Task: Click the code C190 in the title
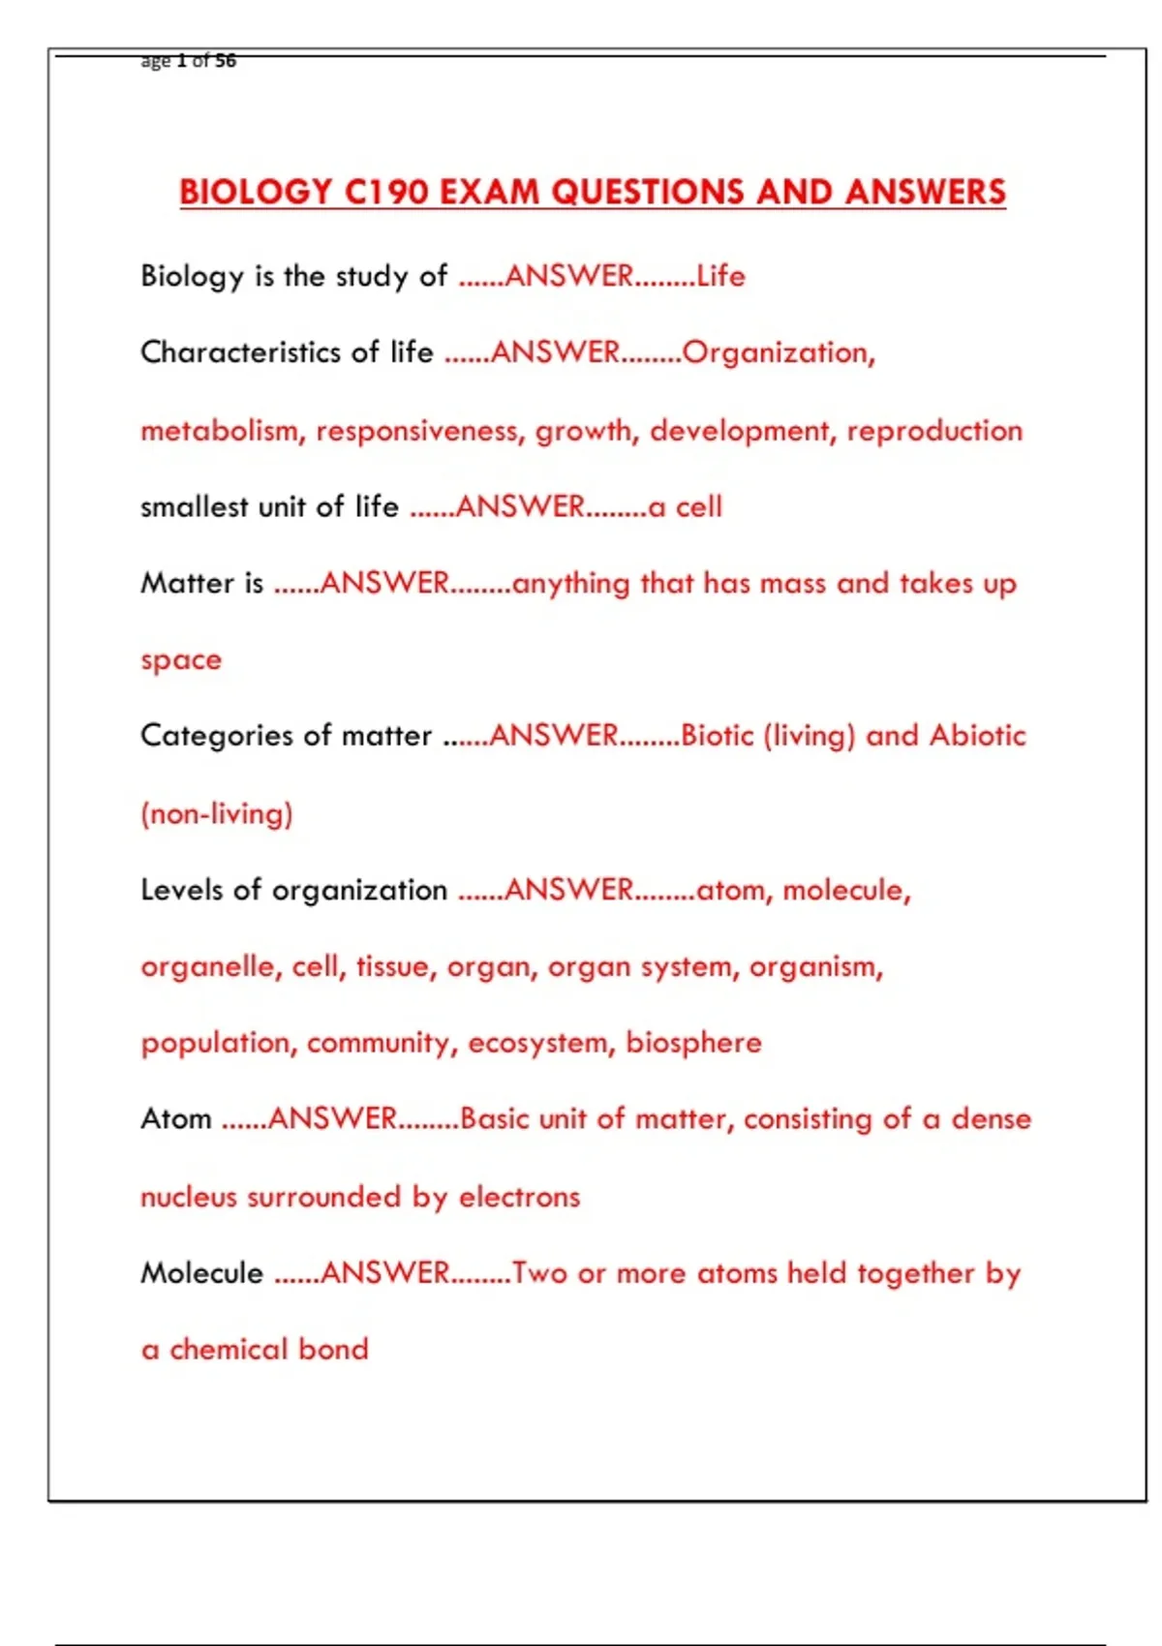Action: tap(386, 192)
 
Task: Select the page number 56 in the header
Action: tap(226, 61)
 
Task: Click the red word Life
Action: tap(720, 276)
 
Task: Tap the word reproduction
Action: tap(934, 430)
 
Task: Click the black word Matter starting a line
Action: tap(188, 583)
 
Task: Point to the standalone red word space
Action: tap(181, 661)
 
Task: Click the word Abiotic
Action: tap(977, 736)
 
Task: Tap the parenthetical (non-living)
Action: tap(217, 813)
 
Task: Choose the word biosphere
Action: tap(693, 1043)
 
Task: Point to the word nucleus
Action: tap(189, 1197)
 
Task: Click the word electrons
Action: tap(519, 1197)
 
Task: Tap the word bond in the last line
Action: tap(333, 1349)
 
